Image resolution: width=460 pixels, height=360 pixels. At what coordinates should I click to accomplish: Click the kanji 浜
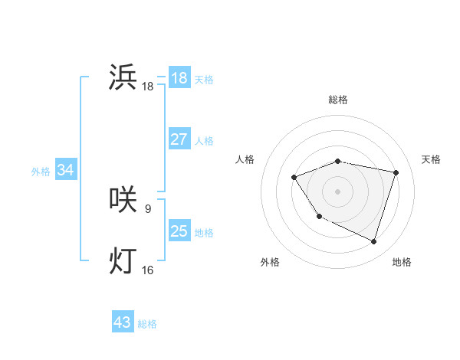click(x=123, y=77)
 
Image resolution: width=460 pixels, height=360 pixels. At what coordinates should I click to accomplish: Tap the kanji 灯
click(x=123, y=260)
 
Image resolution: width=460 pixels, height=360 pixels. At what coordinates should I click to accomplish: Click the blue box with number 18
click(x=179, y=78)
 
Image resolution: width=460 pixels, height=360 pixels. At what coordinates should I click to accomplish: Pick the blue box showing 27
click(x=179, y=139)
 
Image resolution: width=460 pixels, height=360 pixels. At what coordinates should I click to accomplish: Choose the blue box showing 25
click(x=179, y=231)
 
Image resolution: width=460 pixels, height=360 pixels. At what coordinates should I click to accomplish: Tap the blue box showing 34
click(x=65, y=170)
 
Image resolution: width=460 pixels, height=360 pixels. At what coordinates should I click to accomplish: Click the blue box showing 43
click(x=123, y=322)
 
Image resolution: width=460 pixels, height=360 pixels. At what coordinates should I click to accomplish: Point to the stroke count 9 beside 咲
click(x=148, y=208)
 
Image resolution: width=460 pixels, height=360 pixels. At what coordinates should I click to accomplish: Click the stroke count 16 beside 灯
click(x=148, y=270)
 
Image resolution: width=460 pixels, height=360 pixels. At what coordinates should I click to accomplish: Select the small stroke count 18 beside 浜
click(x=148, y=87)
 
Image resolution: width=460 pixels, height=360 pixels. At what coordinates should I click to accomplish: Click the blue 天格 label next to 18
click(x=204, y=79)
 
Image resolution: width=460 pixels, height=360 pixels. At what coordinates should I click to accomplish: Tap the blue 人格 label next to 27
click(x=204, y=141)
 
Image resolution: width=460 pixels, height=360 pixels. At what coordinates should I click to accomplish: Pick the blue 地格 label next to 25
click(x=204, y=233)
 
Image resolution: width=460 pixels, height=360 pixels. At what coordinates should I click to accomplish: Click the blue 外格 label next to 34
click(x=41, y=172)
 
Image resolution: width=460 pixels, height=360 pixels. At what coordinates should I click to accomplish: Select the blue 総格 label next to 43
click(x=147, y=324)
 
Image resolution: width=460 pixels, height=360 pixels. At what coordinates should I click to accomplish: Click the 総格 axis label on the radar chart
click(x=338, y=100)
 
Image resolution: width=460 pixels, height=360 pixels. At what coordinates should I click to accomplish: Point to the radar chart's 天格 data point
click(x=396, y=172)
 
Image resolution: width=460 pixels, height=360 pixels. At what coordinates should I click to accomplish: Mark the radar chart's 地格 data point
click(x=374, y=241)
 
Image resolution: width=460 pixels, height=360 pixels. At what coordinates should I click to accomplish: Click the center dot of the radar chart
click(x=338, y=191)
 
